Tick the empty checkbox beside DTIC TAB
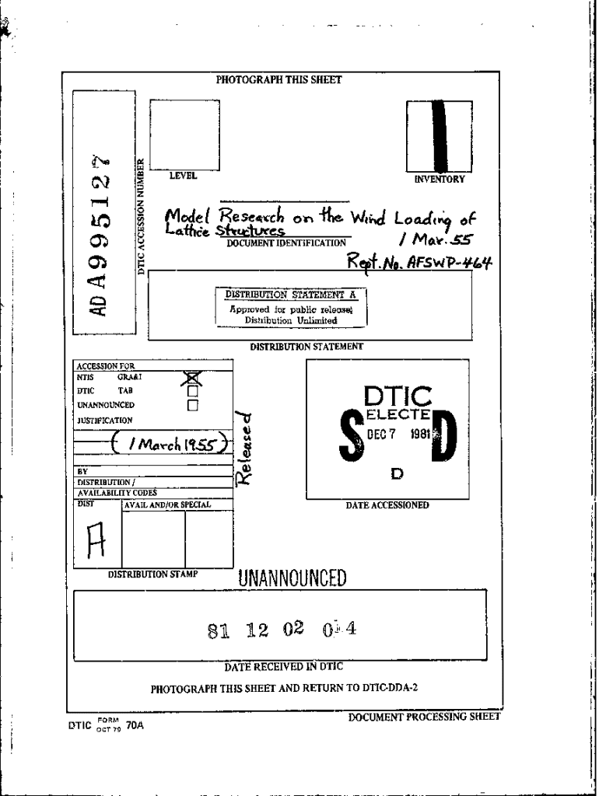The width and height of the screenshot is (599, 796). pyautogui.click(x=192, y=391)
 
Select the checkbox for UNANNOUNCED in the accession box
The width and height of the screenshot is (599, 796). pyautogui.click(x=192, y=404)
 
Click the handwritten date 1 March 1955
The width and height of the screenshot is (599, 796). pyautogui.click(x=167, y=445)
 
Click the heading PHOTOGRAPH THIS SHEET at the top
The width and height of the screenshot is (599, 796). pyautogui.click(x=278, y=79)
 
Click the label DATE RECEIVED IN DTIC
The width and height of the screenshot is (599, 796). pyautogui.click(x=283, y=666)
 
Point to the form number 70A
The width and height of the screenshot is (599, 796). pyautogui.click(x=135, y=727)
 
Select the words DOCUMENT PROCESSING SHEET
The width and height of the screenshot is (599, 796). pyautogui.click(x=424, y=716)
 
